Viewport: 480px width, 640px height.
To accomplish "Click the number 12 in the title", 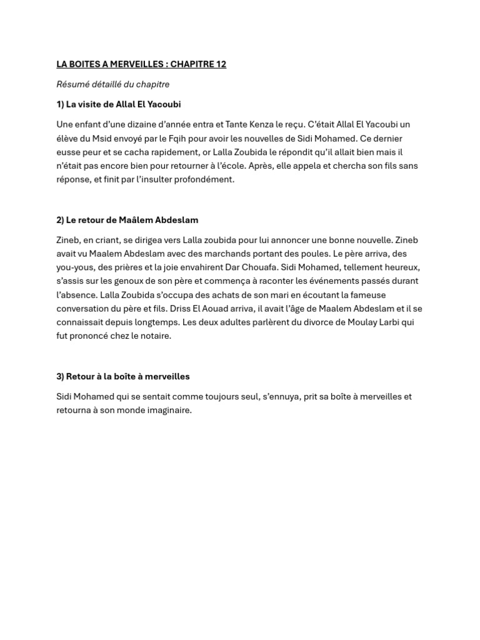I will pos(221,64).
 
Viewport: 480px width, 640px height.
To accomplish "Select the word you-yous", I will pos(76,267).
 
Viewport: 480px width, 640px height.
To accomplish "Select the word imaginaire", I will pos(169,411).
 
